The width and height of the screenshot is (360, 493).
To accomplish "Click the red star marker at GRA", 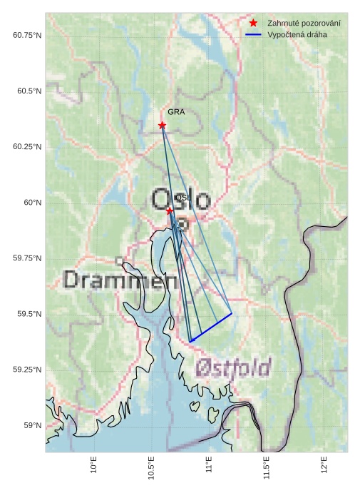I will [x=162, y=125].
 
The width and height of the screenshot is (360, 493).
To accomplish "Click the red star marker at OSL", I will [x=169, y=210].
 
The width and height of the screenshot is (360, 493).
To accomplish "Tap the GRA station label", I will [x=176, y=112].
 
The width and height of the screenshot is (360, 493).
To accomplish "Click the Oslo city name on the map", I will [x=181, y=200].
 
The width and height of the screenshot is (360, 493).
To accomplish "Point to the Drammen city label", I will [x=120, y=280].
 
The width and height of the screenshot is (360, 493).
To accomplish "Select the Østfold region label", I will [x=233, y=368].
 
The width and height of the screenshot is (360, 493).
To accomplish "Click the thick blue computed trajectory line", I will [x=211, y=327].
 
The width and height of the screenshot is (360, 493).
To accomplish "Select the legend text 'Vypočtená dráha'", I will [x=297, y=34].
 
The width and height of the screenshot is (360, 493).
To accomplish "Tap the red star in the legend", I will [x=253, y=24].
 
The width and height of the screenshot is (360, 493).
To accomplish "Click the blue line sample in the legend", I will [x=253, y=34].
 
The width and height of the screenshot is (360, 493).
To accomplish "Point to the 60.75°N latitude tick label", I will [x=28, y=35].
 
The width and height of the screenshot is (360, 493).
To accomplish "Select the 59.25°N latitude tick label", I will [x=28, y=370].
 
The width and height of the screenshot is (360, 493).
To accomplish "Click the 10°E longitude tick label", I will [x=94, y=465].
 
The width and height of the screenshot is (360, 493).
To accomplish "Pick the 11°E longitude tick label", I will [x=210, y=465].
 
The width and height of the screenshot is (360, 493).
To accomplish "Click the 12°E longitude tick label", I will [x=325, y=465].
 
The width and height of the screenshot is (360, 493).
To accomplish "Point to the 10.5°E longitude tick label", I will [x=152, y=468].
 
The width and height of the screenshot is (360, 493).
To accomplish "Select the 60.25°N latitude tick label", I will [x=28, y=147].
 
